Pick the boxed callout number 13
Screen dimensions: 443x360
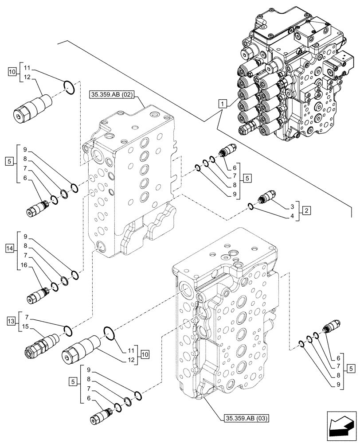point(11,320)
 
